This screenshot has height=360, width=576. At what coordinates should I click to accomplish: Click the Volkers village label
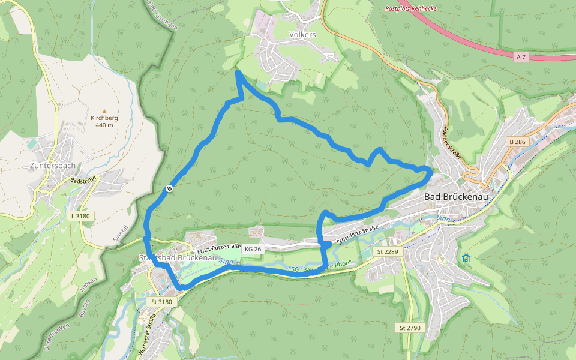click(302, 35)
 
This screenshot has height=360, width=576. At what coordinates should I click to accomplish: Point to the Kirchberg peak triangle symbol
click(104, 111)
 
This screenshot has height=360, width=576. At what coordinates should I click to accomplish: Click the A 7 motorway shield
click(521, 56)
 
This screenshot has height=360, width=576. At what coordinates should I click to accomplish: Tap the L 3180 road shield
click(80, 216)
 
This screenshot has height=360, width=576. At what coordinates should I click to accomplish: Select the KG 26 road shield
click(253, 249)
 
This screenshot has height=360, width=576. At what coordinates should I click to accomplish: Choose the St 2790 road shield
click(410, 328)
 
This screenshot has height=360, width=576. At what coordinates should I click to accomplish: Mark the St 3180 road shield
click(161, 302)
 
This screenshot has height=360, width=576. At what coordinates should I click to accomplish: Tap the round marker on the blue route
click(170, 189)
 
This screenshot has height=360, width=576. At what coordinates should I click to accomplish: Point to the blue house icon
click(466, 258)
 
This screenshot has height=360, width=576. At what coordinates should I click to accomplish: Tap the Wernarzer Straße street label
click(148, 336)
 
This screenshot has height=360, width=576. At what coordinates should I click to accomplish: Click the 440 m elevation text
click(104, 125)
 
